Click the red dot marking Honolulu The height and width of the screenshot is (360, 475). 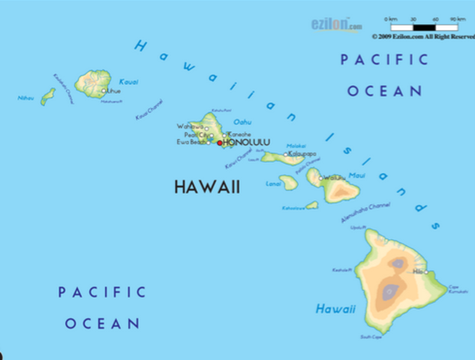tap(219, 142)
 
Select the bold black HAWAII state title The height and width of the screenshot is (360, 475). tap(207, 187)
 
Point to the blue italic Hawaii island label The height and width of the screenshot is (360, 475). tap(335, 308)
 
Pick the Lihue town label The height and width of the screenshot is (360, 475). tap(114, 91)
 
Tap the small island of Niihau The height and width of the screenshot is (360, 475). tap(48, 96)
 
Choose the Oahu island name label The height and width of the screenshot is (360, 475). tap(242, 121)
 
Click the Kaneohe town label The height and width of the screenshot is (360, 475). tap(239, 133)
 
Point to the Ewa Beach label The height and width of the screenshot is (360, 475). tap(191, 142)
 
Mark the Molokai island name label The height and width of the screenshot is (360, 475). tap(296, 146)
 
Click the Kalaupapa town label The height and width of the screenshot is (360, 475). tap(302, 154)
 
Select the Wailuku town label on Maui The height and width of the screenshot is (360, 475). tap(335, 178)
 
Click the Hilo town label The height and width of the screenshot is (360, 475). tap(418, 272)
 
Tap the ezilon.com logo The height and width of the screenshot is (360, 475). tap(332, 25)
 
